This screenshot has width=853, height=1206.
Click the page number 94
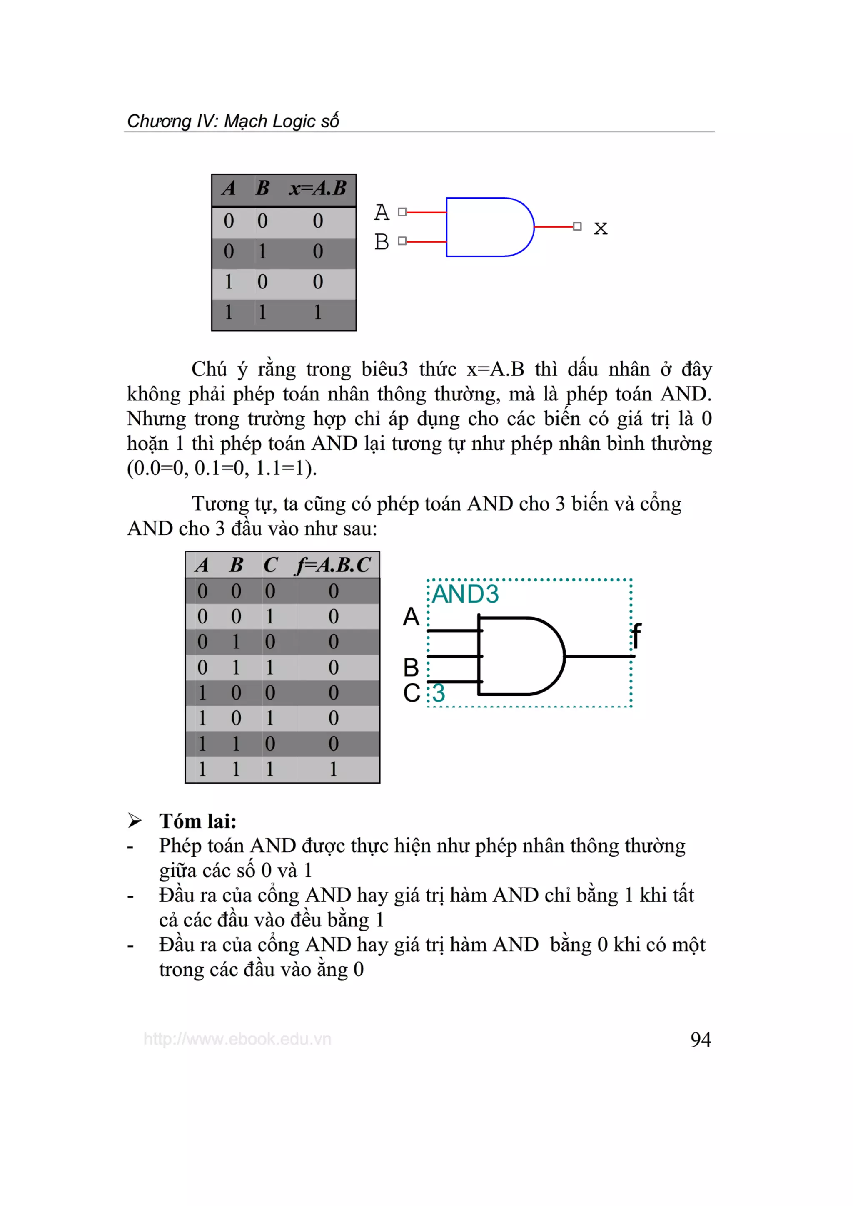click(x=700, y=1040)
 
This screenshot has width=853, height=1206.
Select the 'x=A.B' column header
click(x=317, y=188)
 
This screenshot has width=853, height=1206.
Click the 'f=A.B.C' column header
click(x=333, y=565)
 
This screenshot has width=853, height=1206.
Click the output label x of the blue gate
click(x=600, y=228)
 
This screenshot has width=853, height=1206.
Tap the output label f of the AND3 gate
click(x=636, y=635)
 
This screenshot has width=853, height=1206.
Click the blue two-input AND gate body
click(x=486, y=227)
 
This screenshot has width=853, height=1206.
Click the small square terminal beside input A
click(x=402, y=212)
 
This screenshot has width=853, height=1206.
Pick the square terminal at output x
click(x=577, y=226)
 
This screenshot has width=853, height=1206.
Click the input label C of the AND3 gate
click(x=412, y=693)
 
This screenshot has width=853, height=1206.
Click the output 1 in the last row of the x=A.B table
click(x=317, y=313)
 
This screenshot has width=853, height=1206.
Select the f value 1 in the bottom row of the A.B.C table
click(x=333, y=769)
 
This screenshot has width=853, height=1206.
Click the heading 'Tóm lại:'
click(x=197, y=821)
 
